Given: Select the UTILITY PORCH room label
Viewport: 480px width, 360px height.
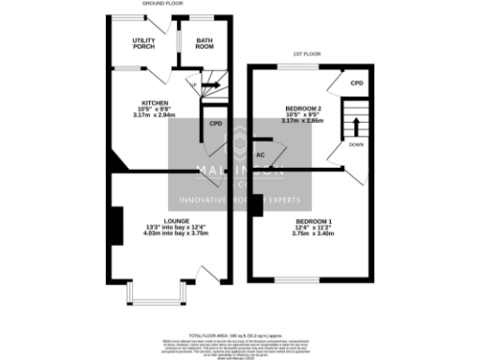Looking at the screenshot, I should [143, 43].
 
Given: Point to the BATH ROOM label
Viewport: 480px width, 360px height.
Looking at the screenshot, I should [204, 43].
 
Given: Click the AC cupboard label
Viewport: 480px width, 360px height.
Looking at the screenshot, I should [261, 153].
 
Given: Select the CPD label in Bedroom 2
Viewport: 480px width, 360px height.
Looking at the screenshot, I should [356, 83].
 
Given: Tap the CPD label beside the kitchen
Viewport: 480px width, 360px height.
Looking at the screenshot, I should [215, 123].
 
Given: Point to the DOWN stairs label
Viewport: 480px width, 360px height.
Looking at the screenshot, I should [355, 144].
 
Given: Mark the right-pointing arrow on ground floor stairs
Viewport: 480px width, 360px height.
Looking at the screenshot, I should [211, 85].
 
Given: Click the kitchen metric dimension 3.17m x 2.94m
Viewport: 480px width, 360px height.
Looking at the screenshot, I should [154, 115].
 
